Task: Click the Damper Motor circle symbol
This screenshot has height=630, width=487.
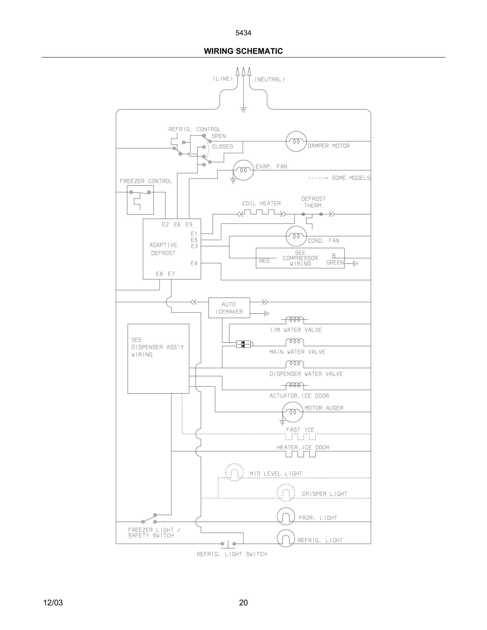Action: [296, 141]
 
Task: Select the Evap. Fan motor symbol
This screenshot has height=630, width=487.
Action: [243, 170]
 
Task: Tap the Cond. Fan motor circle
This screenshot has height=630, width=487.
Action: [296, 236]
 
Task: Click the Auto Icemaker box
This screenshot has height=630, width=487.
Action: [229, 308]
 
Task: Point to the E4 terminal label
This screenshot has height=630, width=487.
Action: [194, 263]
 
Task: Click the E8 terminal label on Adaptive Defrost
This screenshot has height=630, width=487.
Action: [159, 274]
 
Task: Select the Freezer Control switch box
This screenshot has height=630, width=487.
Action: [140, 200]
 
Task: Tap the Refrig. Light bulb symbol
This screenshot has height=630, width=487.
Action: [286, 538]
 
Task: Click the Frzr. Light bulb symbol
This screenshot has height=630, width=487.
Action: [286, 516]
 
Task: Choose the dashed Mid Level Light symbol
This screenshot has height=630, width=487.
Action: [234, 472]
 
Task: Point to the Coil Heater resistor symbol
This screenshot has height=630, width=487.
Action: [262, 213]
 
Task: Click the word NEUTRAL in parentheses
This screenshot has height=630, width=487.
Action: [269, 80]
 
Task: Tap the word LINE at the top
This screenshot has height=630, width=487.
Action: [223, 79]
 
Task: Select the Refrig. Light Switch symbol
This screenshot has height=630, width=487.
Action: [228, 544]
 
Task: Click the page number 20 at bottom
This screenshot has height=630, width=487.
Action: [243, 603]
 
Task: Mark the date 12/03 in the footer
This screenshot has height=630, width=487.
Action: [53, 603]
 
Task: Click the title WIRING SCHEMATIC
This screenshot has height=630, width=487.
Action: [243, 51]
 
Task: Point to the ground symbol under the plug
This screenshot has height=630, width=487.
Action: [243, 110]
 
